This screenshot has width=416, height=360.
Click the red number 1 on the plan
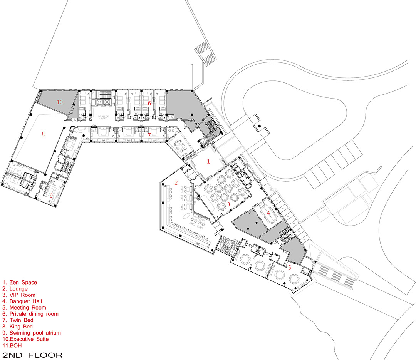[x=208, y=161]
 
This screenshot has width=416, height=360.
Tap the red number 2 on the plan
[x=176, y=183]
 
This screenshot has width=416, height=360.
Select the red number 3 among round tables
[x=228, y=204]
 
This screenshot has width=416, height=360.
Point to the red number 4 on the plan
[x=268, y=213]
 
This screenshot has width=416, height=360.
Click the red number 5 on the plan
[x=289, y=268]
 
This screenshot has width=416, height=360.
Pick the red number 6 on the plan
[x=149, y=103]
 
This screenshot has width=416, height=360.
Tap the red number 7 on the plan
[x=149, y=135]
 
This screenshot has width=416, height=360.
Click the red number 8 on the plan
[x=43, y=134]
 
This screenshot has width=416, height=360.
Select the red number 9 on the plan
[x=51, y=196]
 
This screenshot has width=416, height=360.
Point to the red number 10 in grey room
[x=59, y=102]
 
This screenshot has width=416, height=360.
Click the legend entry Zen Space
[x=20, y=282]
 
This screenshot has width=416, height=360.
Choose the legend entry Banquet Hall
[x=22, y=301]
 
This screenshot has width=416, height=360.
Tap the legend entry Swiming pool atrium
[x=32, y=333]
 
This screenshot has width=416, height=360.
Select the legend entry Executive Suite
[x=26, y=339]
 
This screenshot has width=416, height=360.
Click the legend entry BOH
[x=12, y=345]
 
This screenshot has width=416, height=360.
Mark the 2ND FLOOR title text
[x=32, y=355]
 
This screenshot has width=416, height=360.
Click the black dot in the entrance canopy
[x=260, y=126]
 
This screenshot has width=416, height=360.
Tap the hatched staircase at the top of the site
[x=205, y=53]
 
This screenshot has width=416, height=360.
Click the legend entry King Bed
[x=17, y=326]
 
